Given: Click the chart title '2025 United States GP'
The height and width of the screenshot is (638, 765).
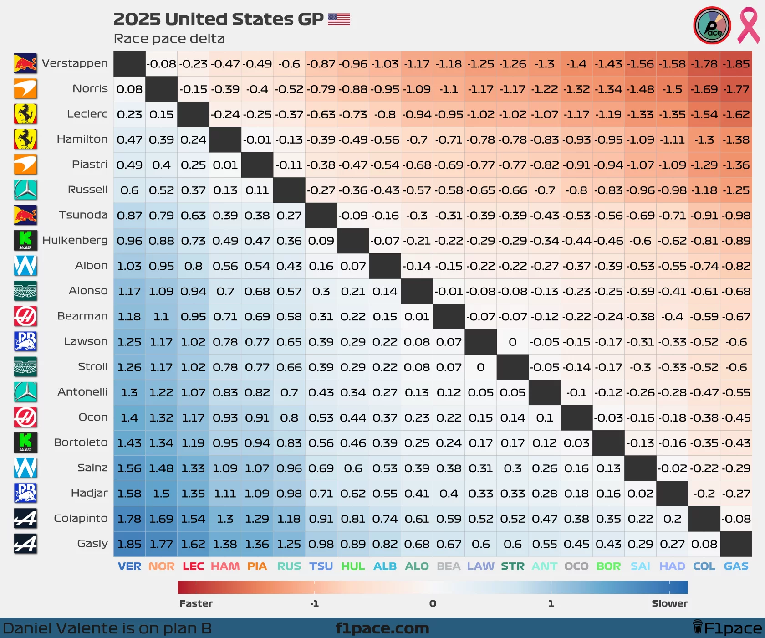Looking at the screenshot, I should point(218,19).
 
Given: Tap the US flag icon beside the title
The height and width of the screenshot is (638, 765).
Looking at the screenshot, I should point(339,19).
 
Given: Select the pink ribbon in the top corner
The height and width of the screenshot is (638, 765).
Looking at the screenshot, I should point(748,25).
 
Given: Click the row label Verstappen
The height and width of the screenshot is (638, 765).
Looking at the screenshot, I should point(75,63).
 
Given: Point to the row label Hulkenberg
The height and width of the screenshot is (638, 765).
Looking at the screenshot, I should point(75,240).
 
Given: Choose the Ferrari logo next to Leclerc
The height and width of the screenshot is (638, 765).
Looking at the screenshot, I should point(25,114).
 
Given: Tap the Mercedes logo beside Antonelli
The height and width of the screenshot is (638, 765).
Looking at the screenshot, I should point(25,392).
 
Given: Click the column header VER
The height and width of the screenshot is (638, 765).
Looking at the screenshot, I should point(129,566).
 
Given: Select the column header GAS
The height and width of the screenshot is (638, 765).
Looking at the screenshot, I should point(736,566).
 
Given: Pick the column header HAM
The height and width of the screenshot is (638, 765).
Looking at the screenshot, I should point(225,566).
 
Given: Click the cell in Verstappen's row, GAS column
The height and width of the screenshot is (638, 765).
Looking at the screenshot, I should point(736,64).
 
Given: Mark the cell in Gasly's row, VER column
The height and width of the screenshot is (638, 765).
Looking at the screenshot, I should point(129,544).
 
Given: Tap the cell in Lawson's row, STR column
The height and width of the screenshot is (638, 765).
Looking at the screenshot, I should point(512,342).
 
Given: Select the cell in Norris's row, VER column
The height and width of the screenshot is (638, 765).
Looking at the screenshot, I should point(129,89).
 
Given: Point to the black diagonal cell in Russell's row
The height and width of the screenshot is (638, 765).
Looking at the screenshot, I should point(289,190).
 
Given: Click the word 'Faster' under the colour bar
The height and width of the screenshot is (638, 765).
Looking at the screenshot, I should point(196,603).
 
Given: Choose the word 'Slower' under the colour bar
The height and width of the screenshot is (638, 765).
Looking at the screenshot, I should point(669,603).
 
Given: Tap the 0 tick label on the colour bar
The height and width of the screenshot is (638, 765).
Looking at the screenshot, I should point(433,603).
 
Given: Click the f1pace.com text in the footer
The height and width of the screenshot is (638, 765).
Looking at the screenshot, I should point(382,628).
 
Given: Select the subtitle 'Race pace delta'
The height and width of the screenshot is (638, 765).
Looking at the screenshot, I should point(169,39).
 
